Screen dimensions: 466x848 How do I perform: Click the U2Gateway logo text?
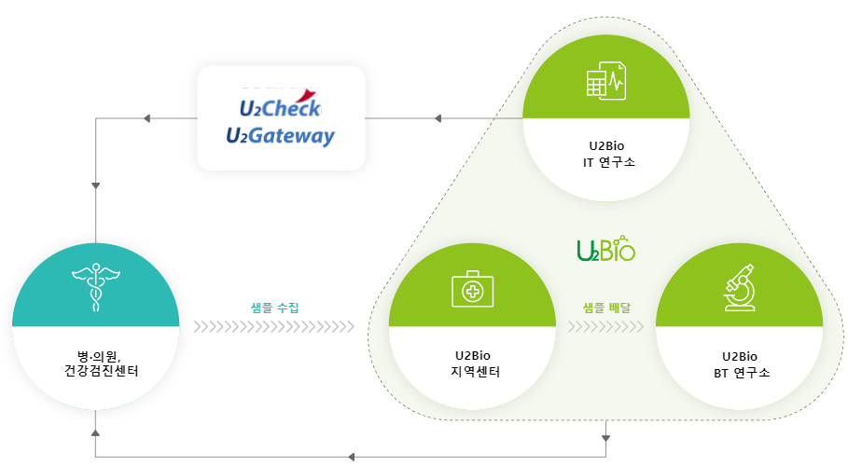coord(280,136)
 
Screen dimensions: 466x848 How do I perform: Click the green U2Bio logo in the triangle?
coord(605,249)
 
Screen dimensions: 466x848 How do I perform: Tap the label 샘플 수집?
coord(275,306)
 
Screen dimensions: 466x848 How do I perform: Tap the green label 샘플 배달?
coord(606,306)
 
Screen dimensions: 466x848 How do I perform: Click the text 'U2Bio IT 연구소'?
coord(607,154)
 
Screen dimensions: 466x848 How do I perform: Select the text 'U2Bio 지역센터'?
coord(472,364)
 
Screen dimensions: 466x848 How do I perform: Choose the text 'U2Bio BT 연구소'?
coord(740,364)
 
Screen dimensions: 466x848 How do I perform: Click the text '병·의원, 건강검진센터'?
coord(96,364)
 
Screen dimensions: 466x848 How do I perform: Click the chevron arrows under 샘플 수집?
coord(274,326)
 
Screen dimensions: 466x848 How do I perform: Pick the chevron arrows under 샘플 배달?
coord(605,326)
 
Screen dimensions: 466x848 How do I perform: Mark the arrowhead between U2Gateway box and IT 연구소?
coord(439,118)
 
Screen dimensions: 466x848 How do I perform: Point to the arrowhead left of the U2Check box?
coord(146,118)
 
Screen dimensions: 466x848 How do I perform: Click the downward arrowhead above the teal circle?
coord(96,185)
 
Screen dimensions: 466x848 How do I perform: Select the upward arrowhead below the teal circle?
coord(96,432)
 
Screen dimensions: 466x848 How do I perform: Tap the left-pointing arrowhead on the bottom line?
coord(351,457)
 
